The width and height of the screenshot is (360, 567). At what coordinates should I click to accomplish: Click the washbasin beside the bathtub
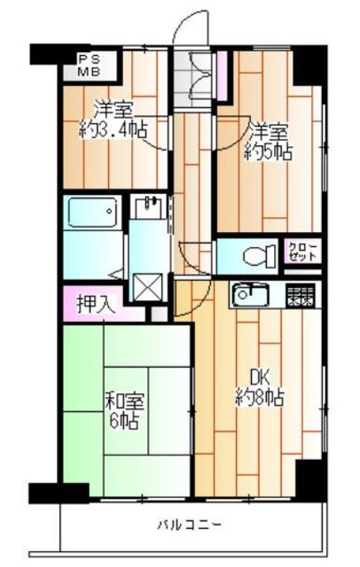[x=147, y=208]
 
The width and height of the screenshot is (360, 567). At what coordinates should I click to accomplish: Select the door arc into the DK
[x=188, y=299]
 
